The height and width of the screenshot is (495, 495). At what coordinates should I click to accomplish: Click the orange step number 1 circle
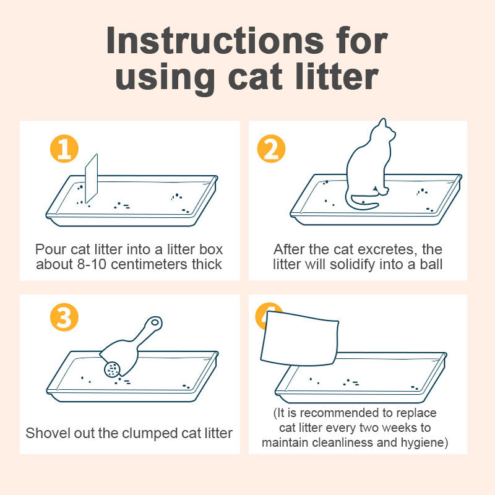tap(64, 148)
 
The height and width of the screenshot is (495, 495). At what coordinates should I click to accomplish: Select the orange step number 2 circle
tap(271, 148)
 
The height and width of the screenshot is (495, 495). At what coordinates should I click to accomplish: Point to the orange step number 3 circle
tap(64, 317)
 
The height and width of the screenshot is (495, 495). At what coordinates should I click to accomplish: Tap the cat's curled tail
tap(363, 202)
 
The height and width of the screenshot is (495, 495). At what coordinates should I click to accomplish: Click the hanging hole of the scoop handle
tap(155, 322)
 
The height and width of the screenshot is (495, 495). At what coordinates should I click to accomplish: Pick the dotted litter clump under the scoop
tap(113, 369)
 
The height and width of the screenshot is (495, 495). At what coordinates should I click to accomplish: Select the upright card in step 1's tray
tap(91, 178)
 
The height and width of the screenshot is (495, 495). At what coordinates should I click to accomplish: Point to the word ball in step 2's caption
tap(431, 264)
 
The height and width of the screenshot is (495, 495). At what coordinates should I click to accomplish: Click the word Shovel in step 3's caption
tap(48, 433)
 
